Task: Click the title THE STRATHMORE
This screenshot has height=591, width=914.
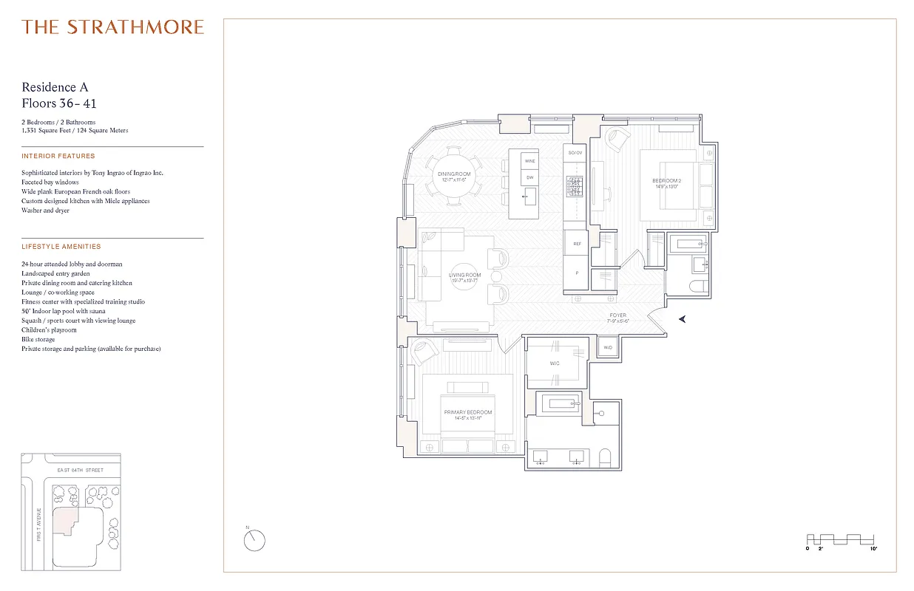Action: tap(112, 27)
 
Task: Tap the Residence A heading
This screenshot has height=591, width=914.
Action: tap(55, 87)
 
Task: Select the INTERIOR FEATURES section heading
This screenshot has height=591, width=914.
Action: tap(58, 157)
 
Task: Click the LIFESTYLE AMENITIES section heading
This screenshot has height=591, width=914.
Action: tap(61, 247)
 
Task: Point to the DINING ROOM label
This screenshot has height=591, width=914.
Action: tap(453, 174)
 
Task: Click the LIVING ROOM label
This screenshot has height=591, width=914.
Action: tap(464, 276)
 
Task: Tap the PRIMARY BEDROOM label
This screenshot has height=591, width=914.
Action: tap(467, 412)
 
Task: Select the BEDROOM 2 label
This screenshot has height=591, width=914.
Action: tap(667, 181)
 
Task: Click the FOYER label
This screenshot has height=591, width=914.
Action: tap(617, 316)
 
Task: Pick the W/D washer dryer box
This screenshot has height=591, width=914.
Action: tap(608, 347)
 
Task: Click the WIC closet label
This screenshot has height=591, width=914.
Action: tap(555, 363)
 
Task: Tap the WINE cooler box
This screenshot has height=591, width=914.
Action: tap(529, 160)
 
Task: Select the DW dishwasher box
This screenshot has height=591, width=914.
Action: tap(529, 178)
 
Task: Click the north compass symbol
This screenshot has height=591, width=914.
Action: tap(254, 540)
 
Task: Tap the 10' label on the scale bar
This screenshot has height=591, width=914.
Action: tap(873, 550)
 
